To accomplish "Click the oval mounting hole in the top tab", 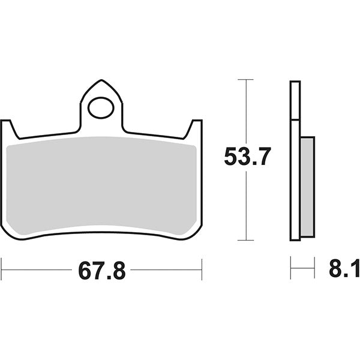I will (101, 109).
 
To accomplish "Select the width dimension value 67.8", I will (101, 271).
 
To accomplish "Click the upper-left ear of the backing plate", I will (8, 127).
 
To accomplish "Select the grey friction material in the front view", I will (102, 183).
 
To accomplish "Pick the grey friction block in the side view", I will (307, 187).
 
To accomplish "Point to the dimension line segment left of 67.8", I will (36, 270).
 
